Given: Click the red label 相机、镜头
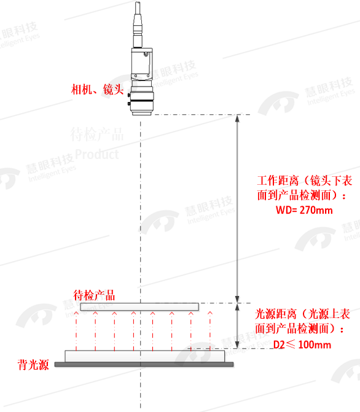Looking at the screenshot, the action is [97, 89].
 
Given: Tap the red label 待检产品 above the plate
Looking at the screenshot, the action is [94, 295].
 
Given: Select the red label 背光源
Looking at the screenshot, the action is [33, 365].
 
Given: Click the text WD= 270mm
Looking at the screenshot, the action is [304, 210].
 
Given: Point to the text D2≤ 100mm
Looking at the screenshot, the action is [302, 344].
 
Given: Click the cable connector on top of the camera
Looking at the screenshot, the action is [138, 25].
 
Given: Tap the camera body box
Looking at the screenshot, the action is [142, 64].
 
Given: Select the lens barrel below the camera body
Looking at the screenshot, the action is [142, 98].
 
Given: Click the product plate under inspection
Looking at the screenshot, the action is [139, 306].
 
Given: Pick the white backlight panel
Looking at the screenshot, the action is [145, 356].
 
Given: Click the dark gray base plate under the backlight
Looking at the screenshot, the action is [144, 364].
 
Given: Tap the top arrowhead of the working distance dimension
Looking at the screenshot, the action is [237, 119].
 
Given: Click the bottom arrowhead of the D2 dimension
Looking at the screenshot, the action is [237, 344].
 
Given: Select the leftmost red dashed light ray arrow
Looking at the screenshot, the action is [76, 331].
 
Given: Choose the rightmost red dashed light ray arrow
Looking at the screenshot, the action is [210, 331].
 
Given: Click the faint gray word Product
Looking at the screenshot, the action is [97, 154].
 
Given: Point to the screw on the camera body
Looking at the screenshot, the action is [146, 55].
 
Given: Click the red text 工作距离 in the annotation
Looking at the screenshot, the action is [278, 181].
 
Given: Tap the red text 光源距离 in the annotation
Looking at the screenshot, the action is [276, 314].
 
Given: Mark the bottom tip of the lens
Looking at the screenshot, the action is [141, 115].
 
